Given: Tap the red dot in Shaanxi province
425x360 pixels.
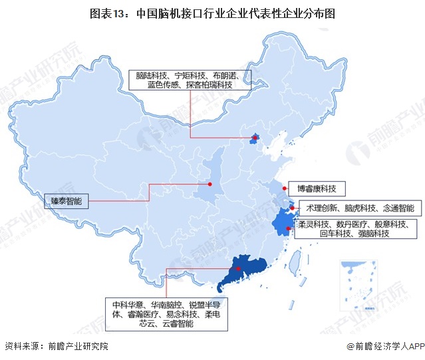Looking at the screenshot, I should (210, 183).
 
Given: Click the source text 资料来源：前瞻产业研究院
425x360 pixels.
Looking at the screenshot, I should (56, 347).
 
